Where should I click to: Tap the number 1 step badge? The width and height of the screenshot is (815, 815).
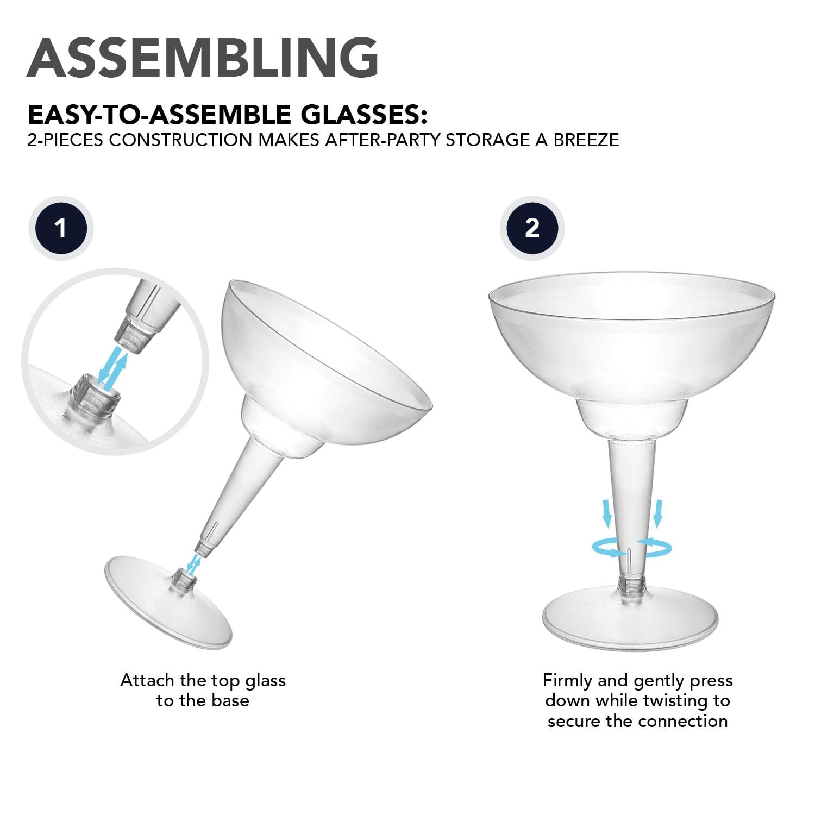[60, 228]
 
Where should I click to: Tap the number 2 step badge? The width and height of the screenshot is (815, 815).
[532, 228]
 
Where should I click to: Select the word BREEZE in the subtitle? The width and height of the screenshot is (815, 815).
[586, 140]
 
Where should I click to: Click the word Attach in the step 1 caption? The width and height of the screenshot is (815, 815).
[147, 680]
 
